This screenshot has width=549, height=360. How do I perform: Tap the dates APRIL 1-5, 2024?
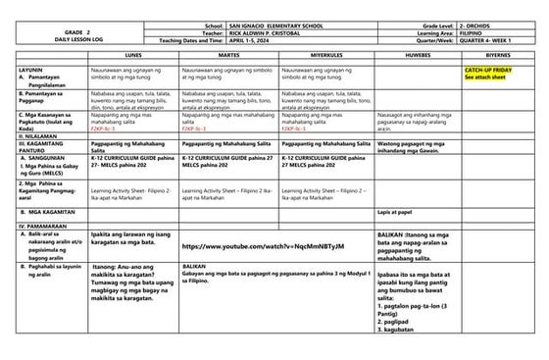point(251,39)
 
